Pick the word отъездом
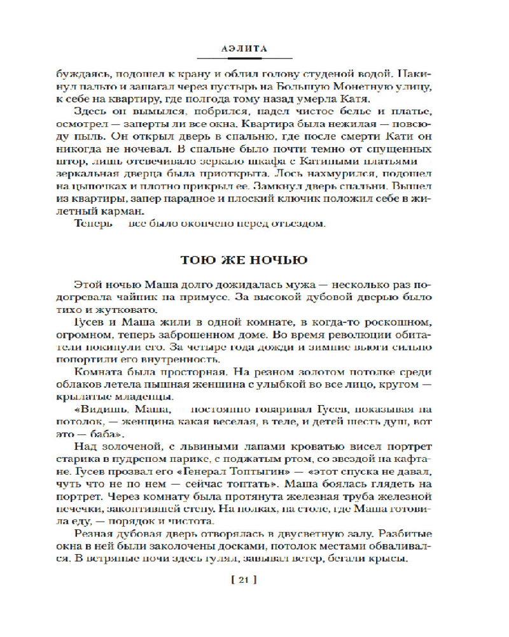(x=302, y=224)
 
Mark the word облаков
(x=94, y=385)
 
